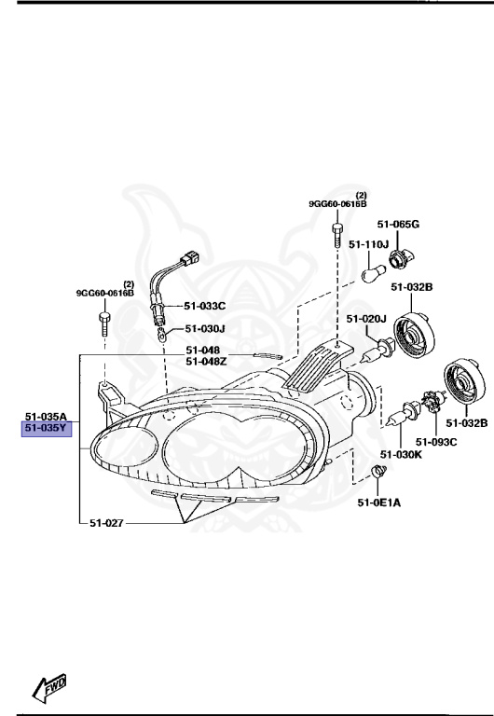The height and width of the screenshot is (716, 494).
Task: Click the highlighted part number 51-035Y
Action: [x=47, y=429]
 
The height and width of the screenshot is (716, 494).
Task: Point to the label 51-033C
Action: [x=204, y=306]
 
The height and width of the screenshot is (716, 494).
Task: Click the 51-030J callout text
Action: [x=204, y=328]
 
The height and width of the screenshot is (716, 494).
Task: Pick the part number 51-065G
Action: [x=398, y=225]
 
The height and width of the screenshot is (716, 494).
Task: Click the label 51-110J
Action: [x=368, y=244]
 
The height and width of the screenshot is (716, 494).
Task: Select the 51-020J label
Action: [x=366, y=319]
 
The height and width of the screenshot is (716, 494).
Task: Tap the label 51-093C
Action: [x=436, y=441]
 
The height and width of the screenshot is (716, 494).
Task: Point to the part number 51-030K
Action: [x=402, y=454]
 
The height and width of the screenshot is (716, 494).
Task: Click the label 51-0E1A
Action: [x=377, y=503]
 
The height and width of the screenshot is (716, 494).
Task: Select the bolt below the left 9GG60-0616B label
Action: [x=103, y=328]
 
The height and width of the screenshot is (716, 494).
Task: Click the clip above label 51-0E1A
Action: [x=378, y=473]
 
